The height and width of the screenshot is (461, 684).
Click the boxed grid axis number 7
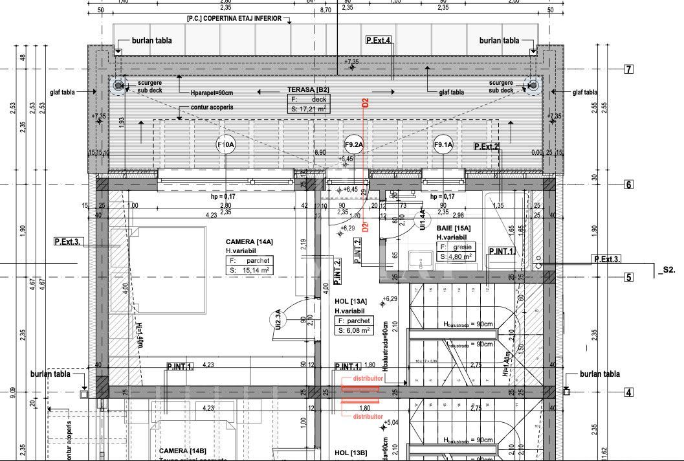(628, 69)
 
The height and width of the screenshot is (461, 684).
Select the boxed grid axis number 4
(628, 392)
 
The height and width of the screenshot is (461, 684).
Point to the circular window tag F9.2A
(354, 144)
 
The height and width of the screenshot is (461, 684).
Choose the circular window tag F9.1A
(443, 144)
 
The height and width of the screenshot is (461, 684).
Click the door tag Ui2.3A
(278, 320)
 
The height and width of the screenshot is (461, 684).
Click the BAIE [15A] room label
(454, 228)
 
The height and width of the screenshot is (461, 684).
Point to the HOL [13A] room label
(351, 301)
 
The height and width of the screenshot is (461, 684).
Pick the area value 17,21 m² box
(309, 109)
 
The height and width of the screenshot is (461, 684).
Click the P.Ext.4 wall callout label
(379, 40)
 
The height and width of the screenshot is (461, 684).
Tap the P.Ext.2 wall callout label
(487, 146)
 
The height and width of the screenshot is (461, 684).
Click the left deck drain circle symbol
(118, 85)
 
